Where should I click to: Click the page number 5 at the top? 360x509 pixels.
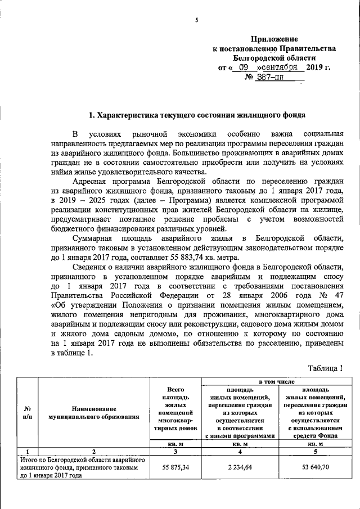pos(197,21)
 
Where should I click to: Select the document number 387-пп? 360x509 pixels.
pos(270,77)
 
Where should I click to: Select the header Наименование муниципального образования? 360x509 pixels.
pos(94,413)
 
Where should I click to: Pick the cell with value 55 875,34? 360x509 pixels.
pos(175,467)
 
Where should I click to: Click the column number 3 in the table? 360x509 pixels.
pos(175,451)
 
